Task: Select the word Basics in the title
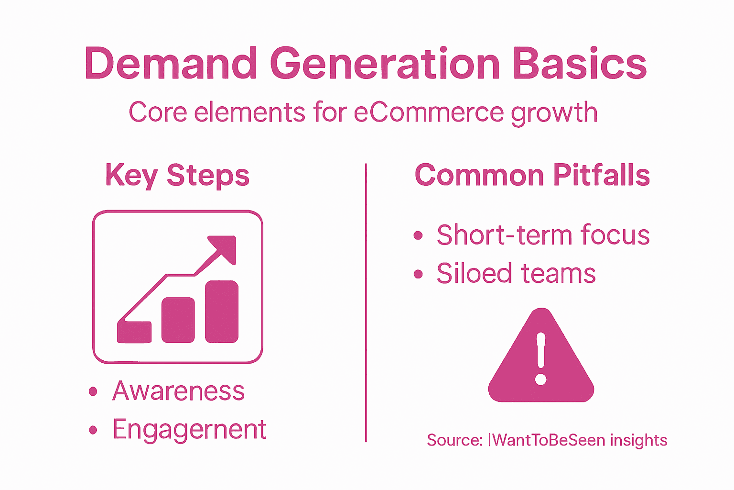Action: pyautogui.click(x=580, y=64)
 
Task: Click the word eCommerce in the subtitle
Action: pyautogui.click(x=429, y=113)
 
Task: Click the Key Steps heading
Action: pyautogui.click(x=177, y=175)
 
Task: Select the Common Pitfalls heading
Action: pyautogui.click(x=532, y=175)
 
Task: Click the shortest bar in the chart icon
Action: pyautogui.click(x=134, y=332)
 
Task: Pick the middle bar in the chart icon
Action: pyautogui.click(x=178, y=320)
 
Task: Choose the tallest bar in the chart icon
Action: pyautogui.click(x=222, y=312)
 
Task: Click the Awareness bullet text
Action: pyautogui.click(x=178, y=391)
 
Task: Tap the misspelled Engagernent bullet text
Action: pyautogui.click(x=189, y=430)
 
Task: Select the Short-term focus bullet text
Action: pyautogui.click(x=543, y=235)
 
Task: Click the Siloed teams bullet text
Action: pyautogui.click(x=516, y=274)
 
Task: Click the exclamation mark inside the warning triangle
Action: pyautogui.click(x=541, y=359)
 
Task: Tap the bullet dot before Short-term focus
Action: pyautogui.click(x=418, y=235)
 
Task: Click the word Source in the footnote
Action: pyautogui.click(x=454, y=440)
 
